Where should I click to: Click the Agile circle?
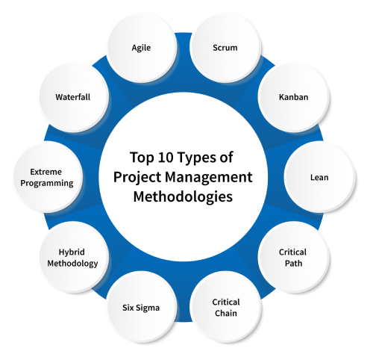(141, 48)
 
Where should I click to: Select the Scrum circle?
(225, 48)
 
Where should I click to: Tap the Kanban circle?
(293, 97)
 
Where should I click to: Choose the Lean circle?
(319, 177)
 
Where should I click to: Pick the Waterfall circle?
(72, 97)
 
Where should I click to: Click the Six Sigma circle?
(141, 307)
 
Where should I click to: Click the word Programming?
(46, 183)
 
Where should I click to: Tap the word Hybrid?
(73, 252)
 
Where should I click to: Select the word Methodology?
(73, 263)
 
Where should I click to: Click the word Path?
(292, 263)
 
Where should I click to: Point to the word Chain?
(225, 313)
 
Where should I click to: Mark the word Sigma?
(148, 307)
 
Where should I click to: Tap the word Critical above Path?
(292, 252)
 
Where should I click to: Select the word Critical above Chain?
(225, 302)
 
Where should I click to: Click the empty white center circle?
(183, 179)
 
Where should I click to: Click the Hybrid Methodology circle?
(73, 257)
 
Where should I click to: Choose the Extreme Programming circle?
(46, 177)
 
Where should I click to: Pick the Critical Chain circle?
(225, 307)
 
